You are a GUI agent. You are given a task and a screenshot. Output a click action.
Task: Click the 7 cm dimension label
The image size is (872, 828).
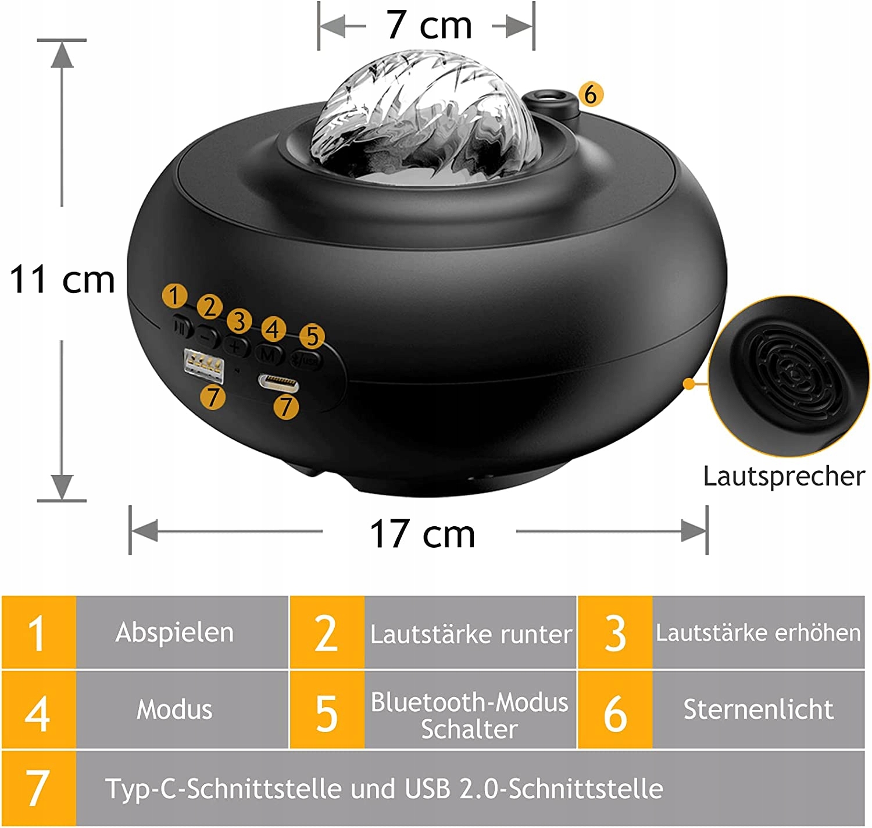click(x=429, y=26)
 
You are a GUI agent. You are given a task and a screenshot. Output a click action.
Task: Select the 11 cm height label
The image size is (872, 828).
click(x=62, y=280)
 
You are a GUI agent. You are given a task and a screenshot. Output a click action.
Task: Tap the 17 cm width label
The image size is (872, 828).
click(x=423, y=534)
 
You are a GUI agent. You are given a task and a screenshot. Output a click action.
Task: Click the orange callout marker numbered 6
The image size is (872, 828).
click(x=591, y=94)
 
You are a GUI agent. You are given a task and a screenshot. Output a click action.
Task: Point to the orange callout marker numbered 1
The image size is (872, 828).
click(x=174, y=296)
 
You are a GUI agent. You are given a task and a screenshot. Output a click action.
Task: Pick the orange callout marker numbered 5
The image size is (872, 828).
click(x=312, y=336)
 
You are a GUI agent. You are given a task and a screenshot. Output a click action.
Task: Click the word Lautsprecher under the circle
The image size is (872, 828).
click(x=784, y=476)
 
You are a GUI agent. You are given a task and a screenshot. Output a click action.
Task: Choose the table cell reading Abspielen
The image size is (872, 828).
click(x=174, y=633)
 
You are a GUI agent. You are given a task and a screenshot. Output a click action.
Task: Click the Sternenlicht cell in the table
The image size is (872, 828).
click(x=758, y=709)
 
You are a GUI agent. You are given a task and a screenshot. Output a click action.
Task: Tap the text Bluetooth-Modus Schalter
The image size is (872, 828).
click(x=470, y=715)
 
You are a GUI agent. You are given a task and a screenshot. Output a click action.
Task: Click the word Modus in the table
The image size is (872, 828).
click(x=174, y=710)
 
